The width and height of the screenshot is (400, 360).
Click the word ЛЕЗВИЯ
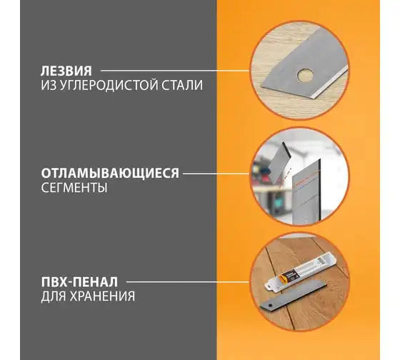click(x=66, y=71)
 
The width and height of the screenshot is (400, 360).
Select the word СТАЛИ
click(x=182, y=85)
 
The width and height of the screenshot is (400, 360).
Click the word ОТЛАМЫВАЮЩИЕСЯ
click(x=110, y=174)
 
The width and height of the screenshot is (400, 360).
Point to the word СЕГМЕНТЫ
click(x=74, y=188)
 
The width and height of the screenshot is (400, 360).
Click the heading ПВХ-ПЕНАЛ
click(x=79, y=282)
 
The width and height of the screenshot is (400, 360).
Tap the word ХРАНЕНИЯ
click(x=103, y=296)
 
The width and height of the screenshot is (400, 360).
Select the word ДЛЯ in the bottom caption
click(x=54, y=296)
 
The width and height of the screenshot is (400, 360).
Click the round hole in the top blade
click(x=305, y=75)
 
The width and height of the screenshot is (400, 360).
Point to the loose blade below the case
click(x=293, y=297)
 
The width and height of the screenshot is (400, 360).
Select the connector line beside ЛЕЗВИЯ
click(x=176, y=71)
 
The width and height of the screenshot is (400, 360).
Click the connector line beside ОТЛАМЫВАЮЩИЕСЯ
click(x=216, y=174)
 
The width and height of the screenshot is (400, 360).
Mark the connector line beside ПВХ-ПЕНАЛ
click(x=188, y=282)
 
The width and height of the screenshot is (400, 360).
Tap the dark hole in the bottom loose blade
click(x=270, y=305)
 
